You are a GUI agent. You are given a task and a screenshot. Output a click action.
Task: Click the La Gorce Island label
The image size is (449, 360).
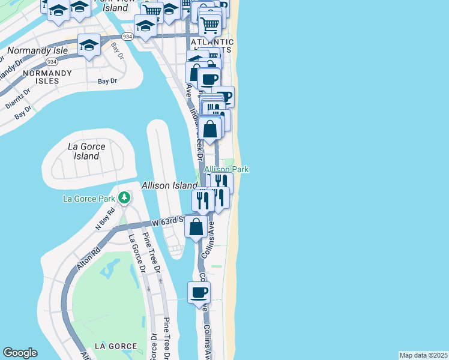[x=86, y=151]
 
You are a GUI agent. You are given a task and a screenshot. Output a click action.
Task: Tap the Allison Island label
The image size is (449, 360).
[x=169, y=186]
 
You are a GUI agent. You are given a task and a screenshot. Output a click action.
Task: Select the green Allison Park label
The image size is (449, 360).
[x=226, y=170]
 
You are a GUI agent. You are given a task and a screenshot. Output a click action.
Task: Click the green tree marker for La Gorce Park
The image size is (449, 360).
[x=124, y=197]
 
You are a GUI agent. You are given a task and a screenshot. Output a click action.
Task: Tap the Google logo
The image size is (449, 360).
[x=20, y=353]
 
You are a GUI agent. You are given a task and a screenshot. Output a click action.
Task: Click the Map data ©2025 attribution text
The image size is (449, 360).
[x=423, y=355]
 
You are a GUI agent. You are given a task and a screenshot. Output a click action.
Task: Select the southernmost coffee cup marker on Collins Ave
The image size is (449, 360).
[x=199, y=293]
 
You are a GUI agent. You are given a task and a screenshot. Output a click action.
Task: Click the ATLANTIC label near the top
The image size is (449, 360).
[x=212, y=43]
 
